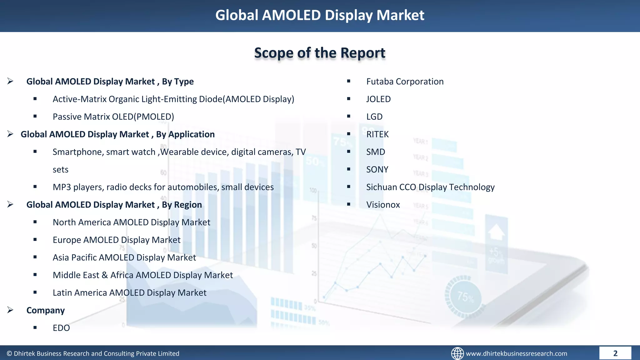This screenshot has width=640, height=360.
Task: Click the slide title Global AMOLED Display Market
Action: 320,15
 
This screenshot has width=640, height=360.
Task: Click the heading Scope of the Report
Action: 320,53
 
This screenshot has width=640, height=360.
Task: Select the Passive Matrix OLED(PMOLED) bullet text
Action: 113,117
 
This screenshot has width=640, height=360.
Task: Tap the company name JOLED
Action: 378,99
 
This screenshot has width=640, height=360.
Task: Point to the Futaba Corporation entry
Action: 405,82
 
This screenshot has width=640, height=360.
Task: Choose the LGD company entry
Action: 374,117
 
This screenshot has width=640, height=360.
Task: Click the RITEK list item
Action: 377,134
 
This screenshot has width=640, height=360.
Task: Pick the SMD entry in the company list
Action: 376,152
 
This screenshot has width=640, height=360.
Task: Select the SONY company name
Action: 377,169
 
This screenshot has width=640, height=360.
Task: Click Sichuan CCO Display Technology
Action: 430,187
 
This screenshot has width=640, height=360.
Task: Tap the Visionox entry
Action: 383,205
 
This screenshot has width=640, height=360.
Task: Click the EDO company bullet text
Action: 61,328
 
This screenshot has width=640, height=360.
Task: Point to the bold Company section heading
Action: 46,310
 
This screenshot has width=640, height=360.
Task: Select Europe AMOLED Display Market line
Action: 117,240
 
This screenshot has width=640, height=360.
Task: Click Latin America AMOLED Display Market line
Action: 129,293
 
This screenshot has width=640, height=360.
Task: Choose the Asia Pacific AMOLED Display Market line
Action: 124,257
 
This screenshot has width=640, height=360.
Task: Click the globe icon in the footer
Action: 457,353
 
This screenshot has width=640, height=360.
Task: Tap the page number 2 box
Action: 615,353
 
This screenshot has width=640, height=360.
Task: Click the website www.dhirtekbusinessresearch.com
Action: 516,353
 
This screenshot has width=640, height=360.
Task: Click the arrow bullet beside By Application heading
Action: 10,134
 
